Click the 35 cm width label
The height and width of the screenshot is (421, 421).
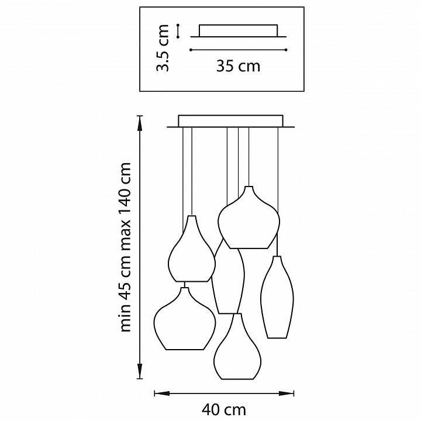coord(238,66)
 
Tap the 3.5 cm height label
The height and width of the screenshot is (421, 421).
coord(163,48)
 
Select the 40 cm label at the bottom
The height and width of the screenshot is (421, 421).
coord(223,410)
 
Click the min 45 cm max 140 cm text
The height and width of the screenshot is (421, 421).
coord(125,247)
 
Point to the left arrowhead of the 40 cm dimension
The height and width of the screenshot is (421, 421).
coord(162,394)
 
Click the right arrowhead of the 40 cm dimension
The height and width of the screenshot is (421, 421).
coord(286,394)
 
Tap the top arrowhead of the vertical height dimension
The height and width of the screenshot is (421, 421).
coord(140,123)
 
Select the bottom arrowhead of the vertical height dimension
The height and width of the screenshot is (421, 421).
coord(140,371)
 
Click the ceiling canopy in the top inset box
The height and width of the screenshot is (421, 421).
coord(238,31)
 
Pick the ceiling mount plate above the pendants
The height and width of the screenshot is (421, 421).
coord(230,122)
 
